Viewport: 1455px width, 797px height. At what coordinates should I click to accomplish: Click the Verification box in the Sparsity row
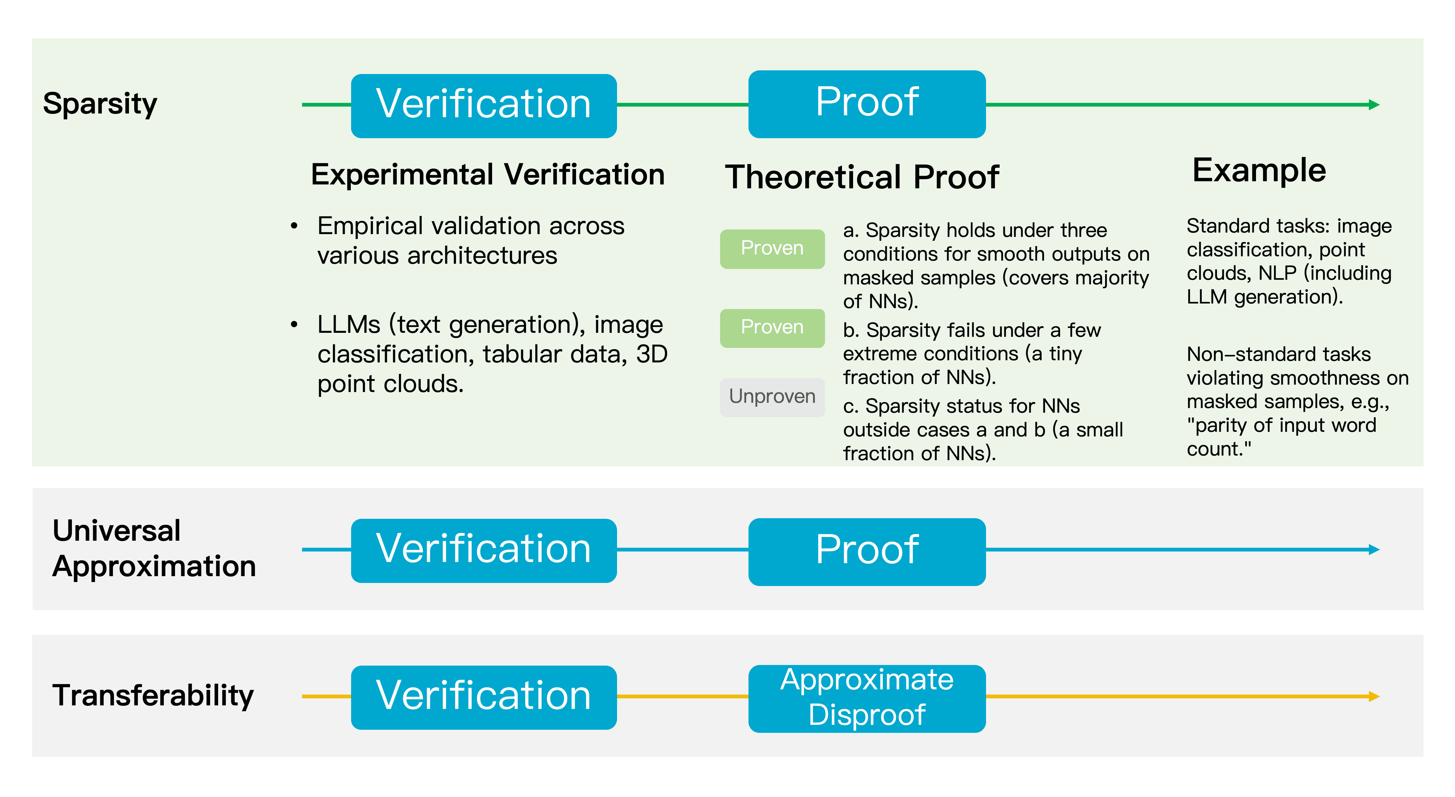coord(483,105)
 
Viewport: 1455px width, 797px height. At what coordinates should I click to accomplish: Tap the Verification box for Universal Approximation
coord(483,550)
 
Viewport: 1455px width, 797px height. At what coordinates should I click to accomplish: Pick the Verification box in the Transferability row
coord(483,697)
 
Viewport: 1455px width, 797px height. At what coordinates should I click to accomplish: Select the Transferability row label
coord(153,695)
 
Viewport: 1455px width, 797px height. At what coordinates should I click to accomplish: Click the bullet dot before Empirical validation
coord(294,226)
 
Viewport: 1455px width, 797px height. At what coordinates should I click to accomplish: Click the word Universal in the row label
coord(116,531)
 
